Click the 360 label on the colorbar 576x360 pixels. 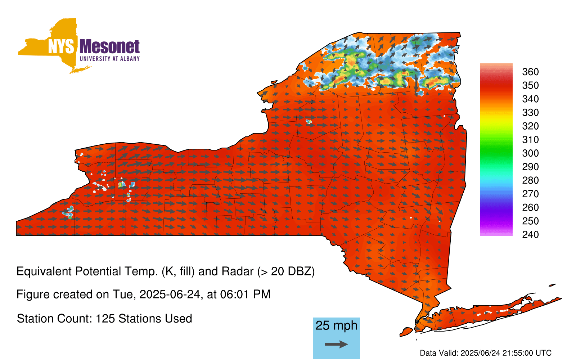(530, 72)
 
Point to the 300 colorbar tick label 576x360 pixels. (530, 153)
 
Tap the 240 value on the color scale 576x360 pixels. (530, 234)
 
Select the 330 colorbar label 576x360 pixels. (530, 112)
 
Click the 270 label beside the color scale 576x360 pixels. (530, 194)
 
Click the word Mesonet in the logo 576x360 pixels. (109, 47)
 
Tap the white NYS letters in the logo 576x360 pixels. (61, 47)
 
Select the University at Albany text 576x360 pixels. (110, 59)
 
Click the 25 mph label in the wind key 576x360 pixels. (336, 326)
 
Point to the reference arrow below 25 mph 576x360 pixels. (336, 344)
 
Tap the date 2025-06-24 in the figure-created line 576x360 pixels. (170, 294)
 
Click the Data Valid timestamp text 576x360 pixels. (486, 353)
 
